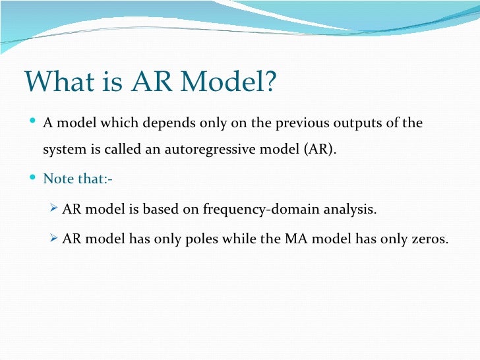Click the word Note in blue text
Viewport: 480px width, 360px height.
pos(56,179)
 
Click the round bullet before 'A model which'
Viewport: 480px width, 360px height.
pos(34,123)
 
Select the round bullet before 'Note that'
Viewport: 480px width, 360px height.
pos(34,178)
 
